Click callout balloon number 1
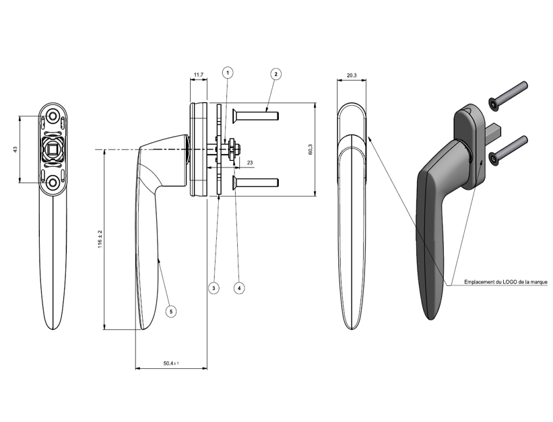point(228,72)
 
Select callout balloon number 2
point(275,73)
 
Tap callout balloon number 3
point(214,287)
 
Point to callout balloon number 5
point(171,312)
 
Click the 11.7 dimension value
point(198,74)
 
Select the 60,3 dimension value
point(311,149)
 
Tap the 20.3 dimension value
point(352,75)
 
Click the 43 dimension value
point(15,149)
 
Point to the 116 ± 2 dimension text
point(99,240)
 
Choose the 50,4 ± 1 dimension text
point(171,363)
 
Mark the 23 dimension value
point(250,163)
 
